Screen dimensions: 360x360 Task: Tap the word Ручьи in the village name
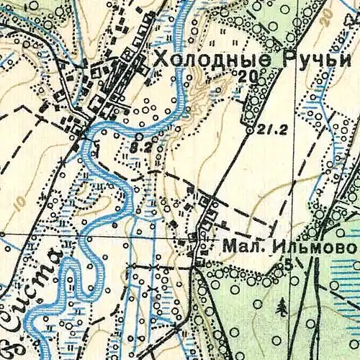coord(310,60)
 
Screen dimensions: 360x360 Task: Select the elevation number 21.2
coord(267,131)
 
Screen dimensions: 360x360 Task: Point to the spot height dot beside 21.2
coord(249,131)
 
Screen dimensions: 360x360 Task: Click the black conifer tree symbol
coord(281,307)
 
